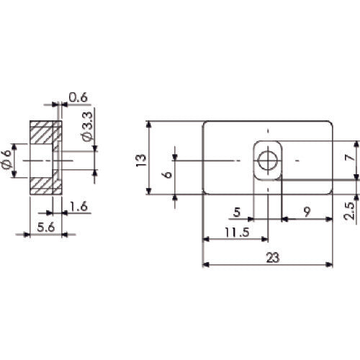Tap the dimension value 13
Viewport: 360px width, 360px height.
140,157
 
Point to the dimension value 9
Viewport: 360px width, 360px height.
307,212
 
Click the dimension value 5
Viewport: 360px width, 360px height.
238,212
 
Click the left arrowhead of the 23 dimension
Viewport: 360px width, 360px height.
206,265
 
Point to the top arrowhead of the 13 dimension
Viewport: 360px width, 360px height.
149,124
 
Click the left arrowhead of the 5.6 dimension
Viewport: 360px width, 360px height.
32,233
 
